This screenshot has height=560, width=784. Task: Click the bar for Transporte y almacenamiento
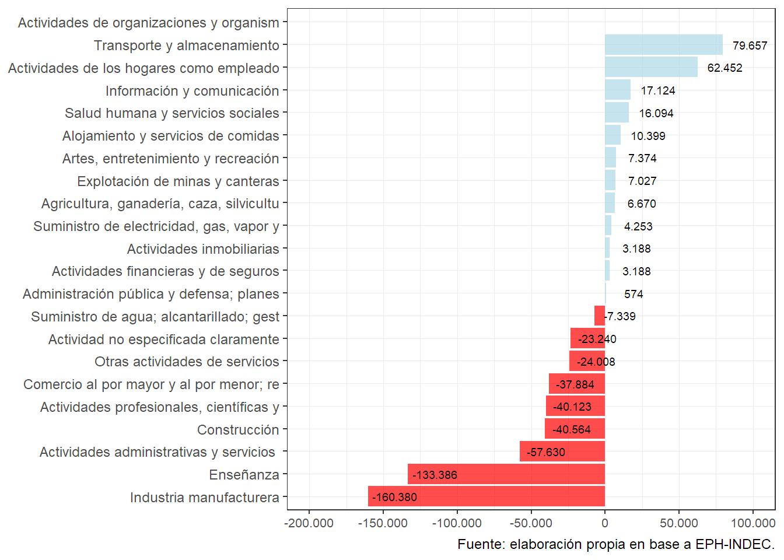tap(663, 45)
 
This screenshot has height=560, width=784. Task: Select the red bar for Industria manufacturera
tap(487, 496)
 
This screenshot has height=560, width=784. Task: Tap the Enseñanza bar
tap(506, 474)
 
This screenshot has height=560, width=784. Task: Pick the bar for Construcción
tap(575, 429)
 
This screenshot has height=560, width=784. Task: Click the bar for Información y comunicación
tap(617, 90)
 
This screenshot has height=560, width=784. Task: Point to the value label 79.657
tap(750, 45)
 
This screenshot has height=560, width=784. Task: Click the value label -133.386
tap(435, 475)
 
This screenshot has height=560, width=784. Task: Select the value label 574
tap(633, 294)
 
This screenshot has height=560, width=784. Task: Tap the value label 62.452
tap(724, 68)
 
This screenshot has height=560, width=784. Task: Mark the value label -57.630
tap(545, 452)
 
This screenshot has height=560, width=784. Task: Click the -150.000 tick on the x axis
tap(383, 523)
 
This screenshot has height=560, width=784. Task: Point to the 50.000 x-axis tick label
tap(679, 523)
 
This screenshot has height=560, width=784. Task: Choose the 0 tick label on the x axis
tap(605, 523)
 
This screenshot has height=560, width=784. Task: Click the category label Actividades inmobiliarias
tap(203, 249)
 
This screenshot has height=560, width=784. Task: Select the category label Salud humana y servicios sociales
tap(172, 113)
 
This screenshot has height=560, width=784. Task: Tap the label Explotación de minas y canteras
tap(178, 181)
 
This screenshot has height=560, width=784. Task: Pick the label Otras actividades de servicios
tap(187, 362)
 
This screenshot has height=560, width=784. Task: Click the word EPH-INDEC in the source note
tap(734, 544)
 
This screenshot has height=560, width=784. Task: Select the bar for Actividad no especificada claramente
tap(587, 339)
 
